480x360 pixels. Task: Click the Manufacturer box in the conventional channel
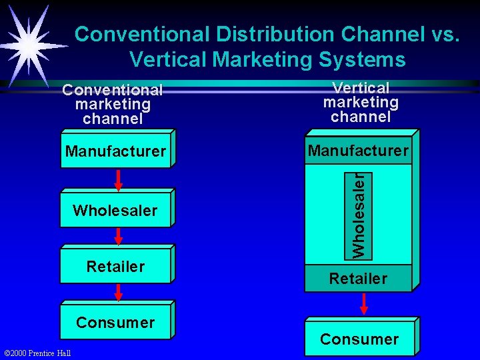[x=115, y=151]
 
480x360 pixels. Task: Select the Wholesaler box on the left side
[x=115, y=211]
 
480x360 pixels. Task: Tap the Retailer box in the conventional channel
[x=115, y=267]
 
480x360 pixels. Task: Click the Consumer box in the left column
[x=115, y=323]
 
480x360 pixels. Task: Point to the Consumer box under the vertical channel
[x=359, y=339]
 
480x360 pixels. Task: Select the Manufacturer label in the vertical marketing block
[x=358, y=151]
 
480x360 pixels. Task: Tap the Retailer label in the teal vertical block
[x=358, y=279]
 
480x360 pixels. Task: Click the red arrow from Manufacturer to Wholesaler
[x=118, y=180]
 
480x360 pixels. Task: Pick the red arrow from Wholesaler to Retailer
[x=118, y=237]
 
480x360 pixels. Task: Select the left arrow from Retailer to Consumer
[x=118, y=292]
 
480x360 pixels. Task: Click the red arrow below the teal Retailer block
[x=363, y=303]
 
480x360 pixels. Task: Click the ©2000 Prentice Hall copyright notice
[x=38, y=353]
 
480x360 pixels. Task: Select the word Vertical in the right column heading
[x=361, y=88]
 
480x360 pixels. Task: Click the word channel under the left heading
[x=113, y=119]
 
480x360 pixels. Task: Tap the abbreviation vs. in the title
[x=443, y=34]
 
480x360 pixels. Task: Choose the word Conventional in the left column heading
[x=112, y=90]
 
